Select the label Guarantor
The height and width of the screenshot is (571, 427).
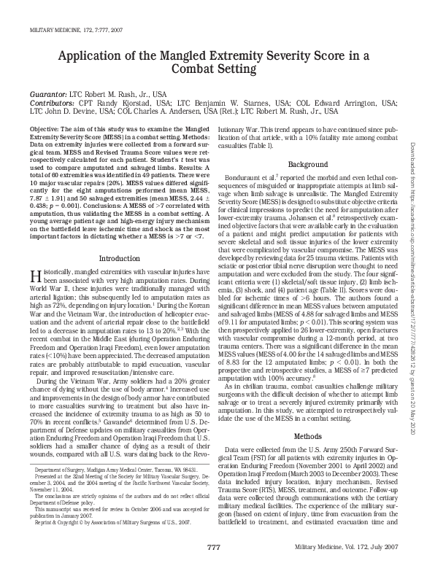(47, 95)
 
